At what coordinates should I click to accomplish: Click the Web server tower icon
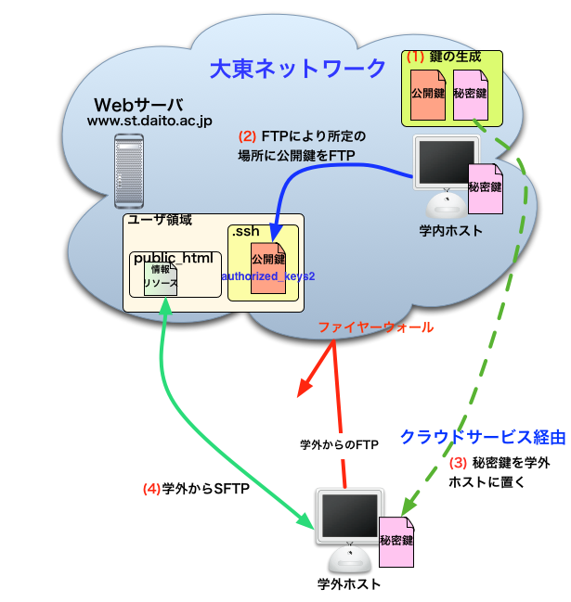pyautogui.click(x=130, y=171)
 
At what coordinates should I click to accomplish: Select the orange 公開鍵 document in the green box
pyautogui.click(x=429, y=95)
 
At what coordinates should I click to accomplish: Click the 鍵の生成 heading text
pyautogui.click(x=457, y=57)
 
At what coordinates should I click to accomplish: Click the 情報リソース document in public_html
pyautogui.click(x=160, y=280)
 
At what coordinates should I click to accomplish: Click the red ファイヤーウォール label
pyautogui.click(x=375, y=327)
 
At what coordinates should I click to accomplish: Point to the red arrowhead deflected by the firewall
pyautogui.click(x=303, y=390)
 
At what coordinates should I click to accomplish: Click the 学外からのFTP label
pyautogui.click(x=339, y=444)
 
